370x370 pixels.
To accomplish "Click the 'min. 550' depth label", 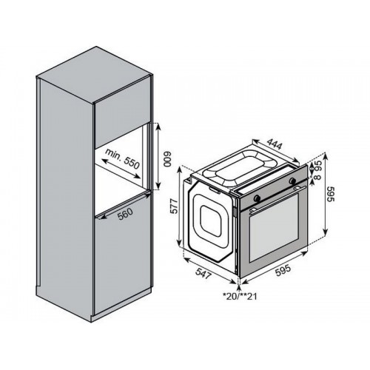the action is [x=122, y=159].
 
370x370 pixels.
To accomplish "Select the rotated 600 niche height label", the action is [x=167, y=158].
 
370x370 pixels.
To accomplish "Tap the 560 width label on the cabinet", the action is [x=125, y=214].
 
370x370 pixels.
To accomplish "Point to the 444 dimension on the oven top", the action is [x=275, y=144].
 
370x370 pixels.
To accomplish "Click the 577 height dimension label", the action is [x=174, y=206].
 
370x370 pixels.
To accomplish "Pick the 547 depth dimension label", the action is [x=203, y=273].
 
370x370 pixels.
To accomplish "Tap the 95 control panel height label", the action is [x=317, y=166].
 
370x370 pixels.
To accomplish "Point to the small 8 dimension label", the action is [x=318, y=177].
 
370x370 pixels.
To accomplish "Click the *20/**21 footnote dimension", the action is [x=240, y=296].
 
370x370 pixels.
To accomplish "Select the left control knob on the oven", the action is [x=257, y=198].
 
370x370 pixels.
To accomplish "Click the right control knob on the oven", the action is [x=293, y=181].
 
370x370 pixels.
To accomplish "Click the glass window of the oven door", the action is [x=275, y=227].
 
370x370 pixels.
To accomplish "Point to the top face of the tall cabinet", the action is [x=94, y=75].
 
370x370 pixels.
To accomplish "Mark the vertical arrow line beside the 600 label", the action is [x=158, y=156].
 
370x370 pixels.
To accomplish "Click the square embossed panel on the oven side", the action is [x=212, y=221].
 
